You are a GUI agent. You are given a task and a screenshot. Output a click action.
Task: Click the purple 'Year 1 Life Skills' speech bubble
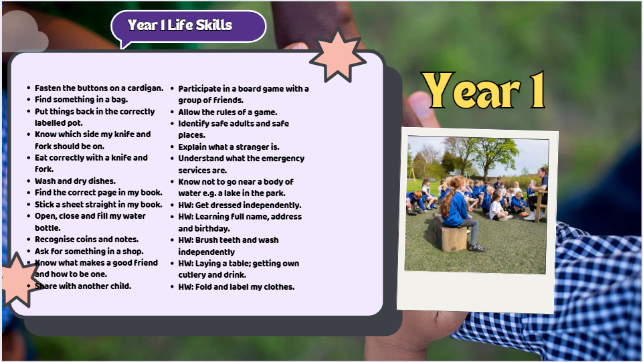pyautogui.click(x=189, y=26)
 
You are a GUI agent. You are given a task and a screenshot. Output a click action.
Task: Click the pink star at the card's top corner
pyautogui.click(x=338, y=55)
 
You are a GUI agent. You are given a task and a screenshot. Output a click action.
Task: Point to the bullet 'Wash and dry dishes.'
pyautogui.click(x=75, y=181)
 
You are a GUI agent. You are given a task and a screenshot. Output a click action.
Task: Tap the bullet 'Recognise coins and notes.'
pyautogui.click(x=86, y=240)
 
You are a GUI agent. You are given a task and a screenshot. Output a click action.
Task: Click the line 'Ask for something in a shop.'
pyautogui.click(x=89, y=252)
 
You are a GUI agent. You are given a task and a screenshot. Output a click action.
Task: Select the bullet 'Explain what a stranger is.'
pyautogui.click(x=229, y=147)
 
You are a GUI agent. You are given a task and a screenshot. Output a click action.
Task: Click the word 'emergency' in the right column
pyautogui.click(x=283, y=159)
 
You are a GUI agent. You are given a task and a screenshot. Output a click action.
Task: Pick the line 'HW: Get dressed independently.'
pyautogui.click(x=240, y=205)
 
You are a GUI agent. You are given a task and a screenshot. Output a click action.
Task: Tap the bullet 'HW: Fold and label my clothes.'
pyautogui.click(x=236, y=287)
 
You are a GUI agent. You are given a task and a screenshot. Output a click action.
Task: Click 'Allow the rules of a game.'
pyautogui.click(x=227, y=112)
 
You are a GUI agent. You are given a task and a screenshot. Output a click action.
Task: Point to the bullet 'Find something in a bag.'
pyautogui.click(x=81, y=100)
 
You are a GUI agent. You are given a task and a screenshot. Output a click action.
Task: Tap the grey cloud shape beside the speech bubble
pyautogui.click(x=25, y=32)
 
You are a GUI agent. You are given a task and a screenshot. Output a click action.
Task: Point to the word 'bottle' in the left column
pyautogui.click(x=48, y=228)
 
